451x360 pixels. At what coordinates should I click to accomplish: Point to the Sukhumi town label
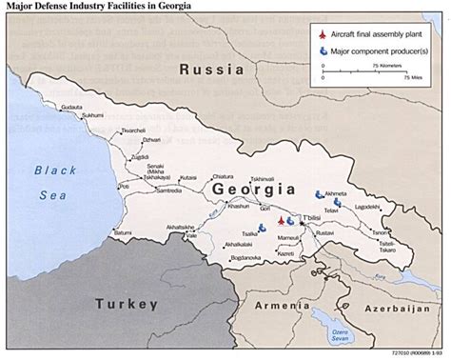click(92, 116)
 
